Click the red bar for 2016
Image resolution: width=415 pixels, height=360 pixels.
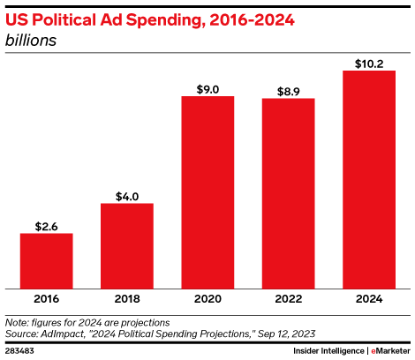click(x=46, y=260)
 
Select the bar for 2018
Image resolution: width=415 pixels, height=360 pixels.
click(x=127, y=245)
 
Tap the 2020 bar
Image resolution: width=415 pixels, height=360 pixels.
click(x=207, y=191)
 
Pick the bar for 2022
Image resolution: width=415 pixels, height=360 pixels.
click(x=288, y=192)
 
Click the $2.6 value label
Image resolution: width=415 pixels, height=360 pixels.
click(x=46, y=226)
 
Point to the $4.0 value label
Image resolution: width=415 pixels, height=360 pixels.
click(x=127, y=196)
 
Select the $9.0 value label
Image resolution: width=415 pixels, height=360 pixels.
click(x=207, y=88)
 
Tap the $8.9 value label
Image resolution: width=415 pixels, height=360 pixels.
click(x=288, y=90)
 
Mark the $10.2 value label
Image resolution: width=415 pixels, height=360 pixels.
click(x=369, y=62)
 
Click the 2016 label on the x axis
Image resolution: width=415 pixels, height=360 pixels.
click(x=46, y=300)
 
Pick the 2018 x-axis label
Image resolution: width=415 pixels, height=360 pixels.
click(x=127, y=300)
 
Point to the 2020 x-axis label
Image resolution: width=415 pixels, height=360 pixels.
click(x=207, y=300)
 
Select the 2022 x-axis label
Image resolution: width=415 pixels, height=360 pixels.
click(x=288, y=300)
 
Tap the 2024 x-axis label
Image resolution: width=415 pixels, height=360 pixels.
click(x=369, y=300)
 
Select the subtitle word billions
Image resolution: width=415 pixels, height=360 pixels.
click(x=31, y=39)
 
